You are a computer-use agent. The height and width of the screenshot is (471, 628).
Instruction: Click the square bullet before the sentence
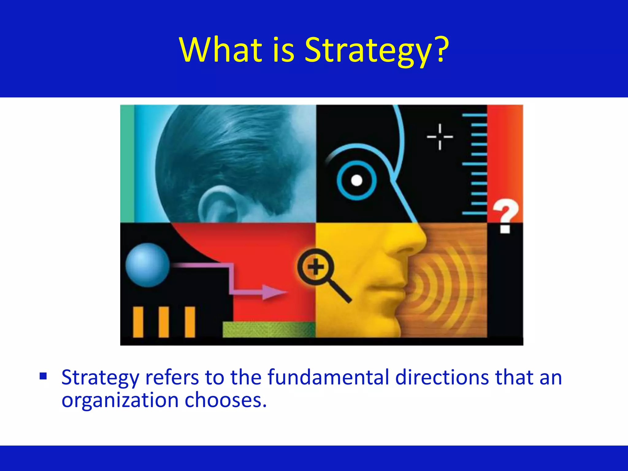point(43,376)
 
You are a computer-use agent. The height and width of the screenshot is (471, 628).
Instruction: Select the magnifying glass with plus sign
point(316,267)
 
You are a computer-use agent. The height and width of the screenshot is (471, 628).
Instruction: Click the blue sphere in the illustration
point(147,265)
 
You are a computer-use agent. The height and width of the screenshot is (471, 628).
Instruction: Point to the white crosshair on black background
point(440,137)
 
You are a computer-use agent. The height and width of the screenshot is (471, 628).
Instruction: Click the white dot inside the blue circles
point(356,180)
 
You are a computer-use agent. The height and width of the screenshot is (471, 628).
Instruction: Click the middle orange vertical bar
point(164,322)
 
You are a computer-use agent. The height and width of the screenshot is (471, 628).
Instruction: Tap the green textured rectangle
point(269,329)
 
